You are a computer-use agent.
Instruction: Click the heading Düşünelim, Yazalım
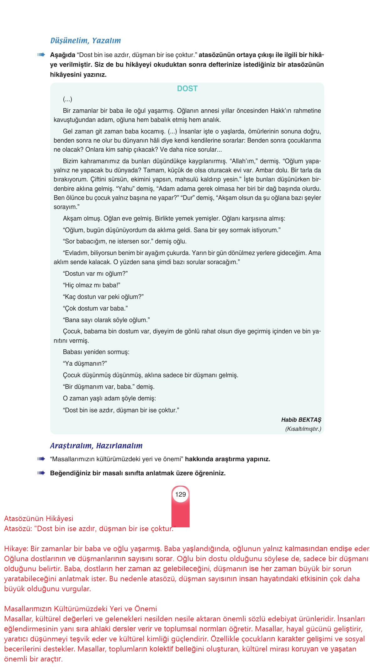[x=85, y=40]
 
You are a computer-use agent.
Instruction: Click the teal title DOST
[x=187, y=89]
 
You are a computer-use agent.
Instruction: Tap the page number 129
[x=181, y=494]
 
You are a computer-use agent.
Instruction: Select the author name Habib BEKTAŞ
[x=301, y=420]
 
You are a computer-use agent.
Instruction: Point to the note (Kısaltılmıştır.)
[x=303, y=429]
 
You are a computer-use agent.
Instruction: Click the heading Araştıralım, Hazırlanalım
[x=96, y=446]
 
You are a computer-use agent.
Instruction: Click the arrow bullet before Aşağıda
[x=41, y=55]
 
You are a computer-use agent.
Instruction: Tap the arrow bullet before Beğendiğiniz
[x=41, y=473]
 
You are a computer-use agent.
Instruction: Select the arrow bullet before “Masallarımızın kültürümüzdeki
[x=41, y=459]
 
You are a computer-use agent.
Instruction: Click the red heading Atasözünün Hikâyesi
[x=39, y=519]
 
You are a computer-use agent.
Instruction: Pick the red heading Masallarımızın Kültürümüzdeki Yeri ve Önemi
[x=81, y=609]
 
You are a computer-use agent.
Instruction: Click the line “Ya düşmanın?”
[x=85, y=363]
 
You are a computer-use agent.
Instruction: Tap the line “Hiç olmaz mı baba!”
[x=92, y=285]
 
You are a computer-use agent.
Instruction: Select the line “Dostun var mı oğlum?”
[x=95, y=274]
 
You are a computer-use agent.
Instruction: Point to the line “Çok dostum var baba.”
[x=95, y=308]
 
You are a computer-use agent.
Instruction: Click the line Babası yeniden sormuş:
[x=96, y=352]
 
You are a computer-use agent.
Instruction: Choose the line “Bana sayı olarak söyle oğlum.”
[x=106, y=320]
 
